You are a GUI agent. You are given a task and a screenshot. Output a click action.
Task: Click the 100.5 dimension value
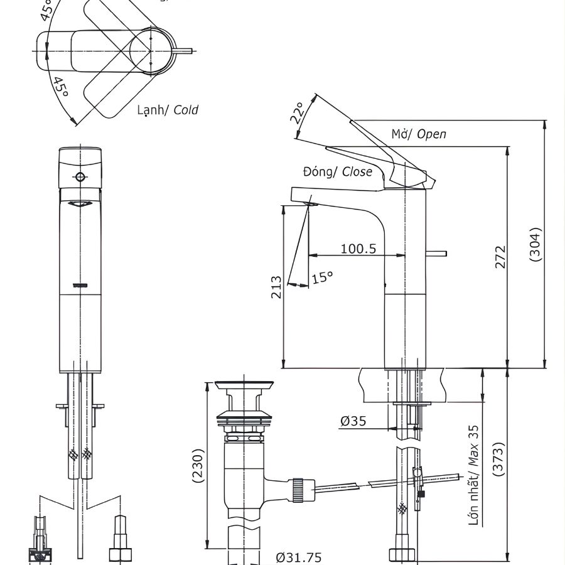pyautogui.click(x=358, y=249)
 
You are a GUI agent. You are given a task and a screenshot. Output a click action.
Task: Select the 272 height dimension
pyautogui.click(x=500, y=257)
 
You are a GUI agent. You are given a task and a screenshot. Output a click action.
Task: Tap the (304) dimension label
pyautogui.click(x=535, y=244)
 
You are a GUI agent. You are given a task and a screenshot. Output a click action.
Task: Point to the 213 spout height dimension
pyautogui.click(x=276, y=287)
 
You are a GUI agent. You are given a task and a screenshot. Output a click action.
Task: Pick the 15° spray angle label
pyautogui.click(x=323, y=276)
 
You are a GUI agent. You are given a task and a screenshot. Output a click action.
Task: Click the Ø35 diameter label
pyautogui.click(x=354, y=422)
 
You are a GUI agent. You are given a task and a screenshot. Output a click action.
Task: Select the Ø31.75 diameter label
pyautogui.click(x=299, y=557)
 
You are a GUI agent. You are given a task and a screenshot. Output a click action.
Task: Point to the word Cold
pyautogui.click(x=186, y=110)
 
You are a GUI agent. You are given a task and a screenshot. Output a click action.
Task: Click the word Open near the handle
pyautogui.click(x=432, y=134)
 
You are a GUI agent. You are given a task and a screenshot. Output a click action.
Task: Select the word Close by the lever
pyautogui.click(x=357, y=171)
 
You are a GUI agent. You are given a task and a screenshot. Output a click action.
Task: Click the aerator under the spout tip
pyautogui.click(x=309, y=202)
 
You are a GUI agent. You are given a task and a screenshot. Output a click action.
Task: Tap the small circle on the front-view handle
pyautogui.click(x=79, y=176)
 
